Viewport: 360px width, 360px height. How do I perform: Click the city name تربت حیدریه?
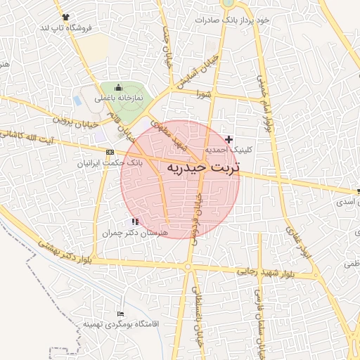tap(203, 168)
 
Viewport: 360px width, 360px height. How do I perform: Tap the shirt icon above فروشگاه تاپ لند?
tap(66, 16)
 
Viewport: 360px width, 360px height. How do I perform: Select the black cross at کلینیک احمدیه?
tap(229, 140)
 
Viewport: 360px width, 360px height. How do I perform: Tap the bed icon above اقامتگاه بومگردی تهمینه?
tap(120, 314)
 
